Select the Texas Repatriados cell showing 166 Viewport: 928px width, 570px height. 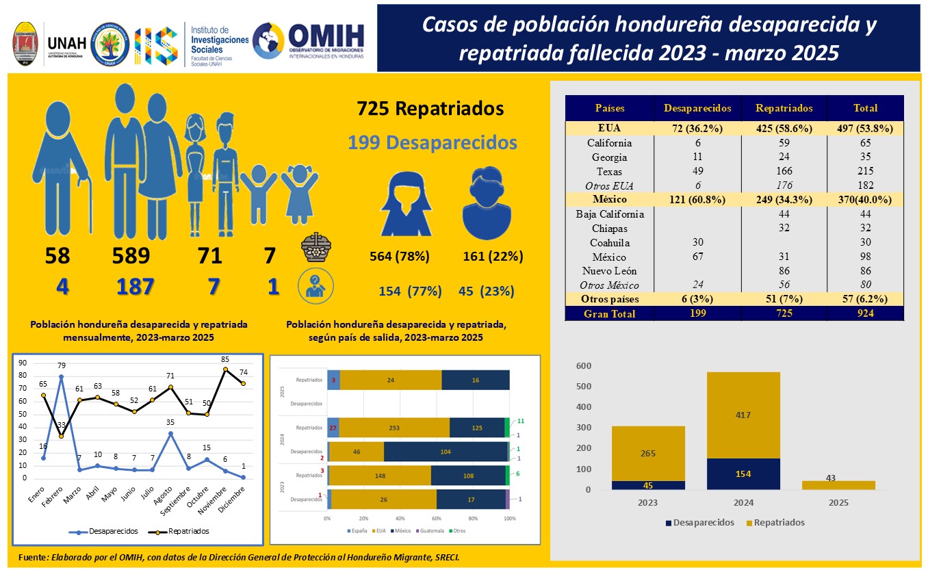tap(784, 171)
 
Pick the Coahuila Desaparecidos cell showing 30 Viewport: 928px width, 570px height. tap(697, 243)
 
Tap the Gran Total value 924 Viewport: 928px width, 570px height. tap(865, 313)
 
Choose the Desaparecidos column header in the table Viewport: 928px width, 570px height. tap(697, 108)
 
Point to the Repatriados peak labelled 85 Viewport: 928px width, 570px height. tap(224, 370)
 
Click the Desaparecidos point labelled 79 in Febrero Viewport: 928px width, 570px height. tap(61, 376)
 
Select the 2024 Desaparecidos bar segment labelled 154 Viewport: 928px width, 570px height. tap(743, 474)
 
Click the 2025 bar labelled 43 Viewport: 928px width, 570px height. tap(838, 485)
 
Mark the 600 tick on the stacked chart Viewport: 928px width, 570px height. tap(582, 365)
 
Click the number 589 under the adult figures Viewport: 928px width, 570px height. tap(131, 256)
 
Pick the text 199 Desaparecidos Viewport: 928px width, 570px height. tap(432, 143)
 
